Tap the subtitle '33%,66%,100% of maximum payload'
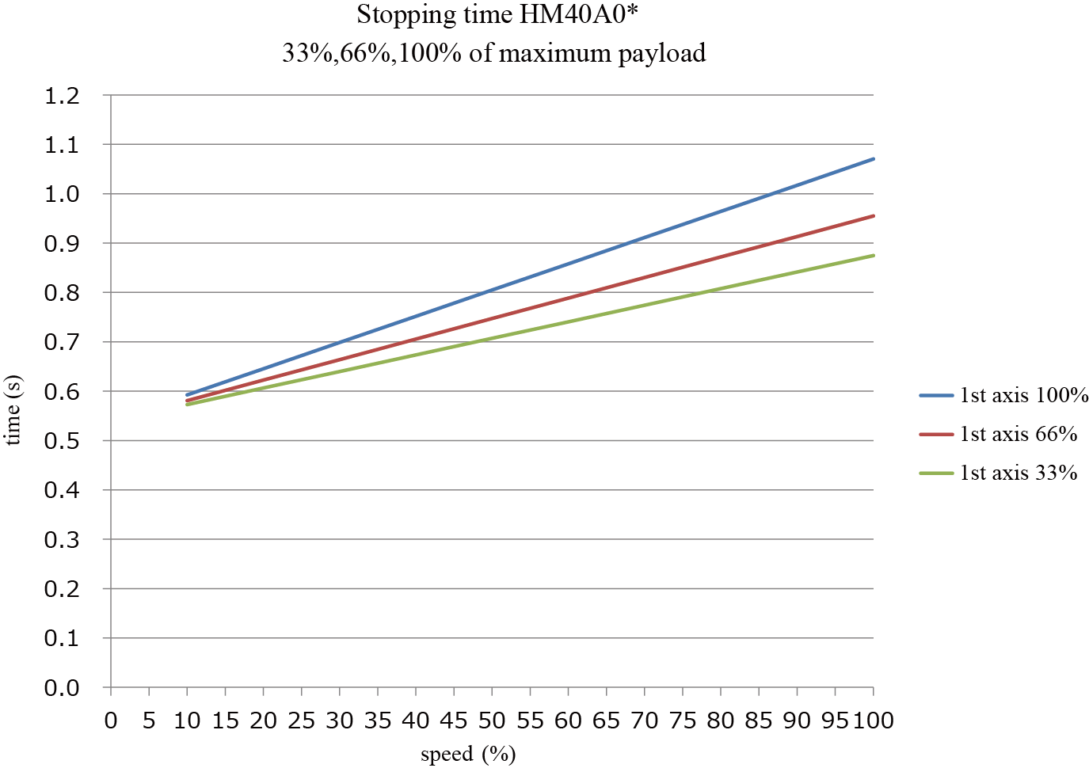(493, 53)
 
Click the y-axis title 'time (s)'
(13, 410)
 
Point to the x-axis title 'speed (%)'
(468, 754)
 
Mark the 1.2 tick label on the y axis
(63, 96)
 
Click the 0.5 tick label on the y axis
(63, 441)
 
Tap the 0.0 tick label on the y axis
(63, 688)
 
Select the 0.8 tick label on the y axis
(63, 293)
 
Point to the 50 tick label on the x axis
(492, 720)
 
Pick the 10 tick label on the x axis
(187, 720)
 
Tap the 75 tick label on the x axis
(683, 720)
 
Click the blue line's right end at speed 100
(873, 159)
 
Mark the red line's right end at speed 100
(873, 215)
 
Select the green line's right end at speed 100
(873, 255)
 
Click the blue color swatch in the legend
(936, 395)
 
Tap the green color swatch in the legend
(936, 473)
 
